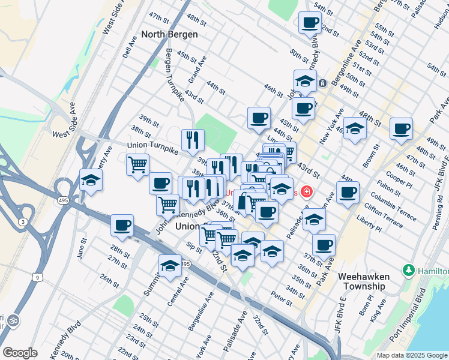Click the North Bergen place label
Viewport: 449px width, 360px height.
(x=169, y=34)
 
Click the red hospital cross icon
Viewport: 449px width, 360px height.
(x=307, y=192)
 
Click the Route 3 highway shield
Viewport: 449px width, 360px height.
(x=22, y=223)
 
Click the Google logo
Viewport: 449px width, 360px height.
(x=20, y=353)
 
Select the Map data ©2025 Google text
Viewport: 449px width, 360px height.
(x=411, y=356)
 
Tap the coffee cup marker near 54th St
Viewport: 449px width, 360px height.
(x=310, y=23)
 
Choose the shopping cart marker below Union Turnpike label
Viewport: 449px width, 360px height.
(x=138, y=164)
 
